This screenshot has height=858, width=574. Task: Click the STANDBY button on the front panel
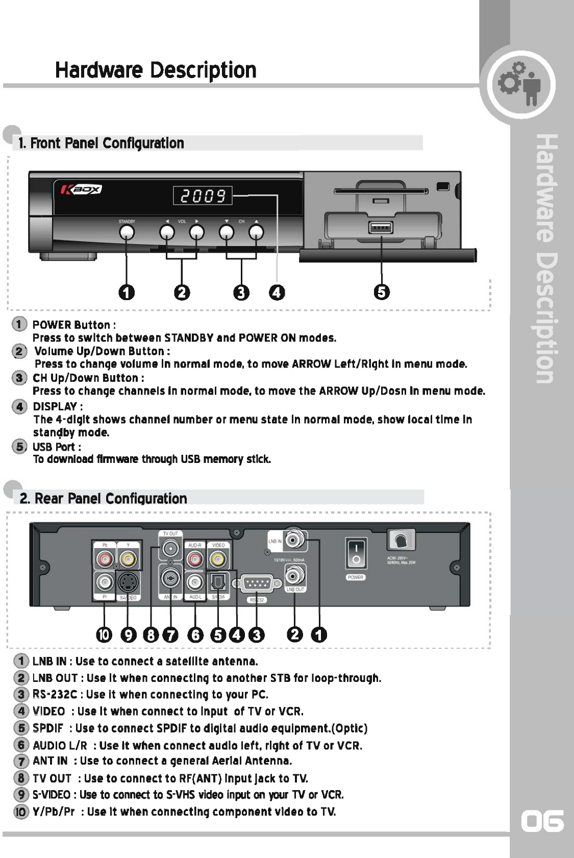tap(127, 232)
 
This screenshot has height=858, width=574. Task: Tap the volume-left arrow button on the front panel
tap(167, 232)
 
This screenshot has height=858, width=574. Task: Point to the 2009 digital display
tap(203, 195)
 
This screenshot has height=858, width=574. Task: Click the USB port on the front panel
tap(381, 227)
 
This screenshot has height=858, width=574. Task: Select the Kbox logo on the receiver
tap(82, 190)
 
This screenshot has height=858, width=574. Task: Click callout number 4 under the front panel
tap(277, 292)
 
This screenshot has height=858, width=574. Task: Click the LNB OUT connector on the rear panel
tap(294, 576)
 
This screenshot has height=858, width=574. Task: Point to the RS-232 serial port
tap(257, 583)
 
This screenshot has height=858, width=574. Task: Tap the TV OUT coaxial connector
tap(170, 549)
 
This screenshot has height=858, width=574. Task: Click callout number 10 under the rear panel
tap(104, 634)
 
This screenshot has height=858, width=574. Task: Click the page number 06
tap(542, 821)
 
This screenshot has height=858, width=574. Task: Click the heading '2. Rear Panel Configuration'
tap(103, 498)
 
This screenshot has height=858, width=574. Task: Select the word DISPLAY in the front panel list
tap(55, 406)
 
